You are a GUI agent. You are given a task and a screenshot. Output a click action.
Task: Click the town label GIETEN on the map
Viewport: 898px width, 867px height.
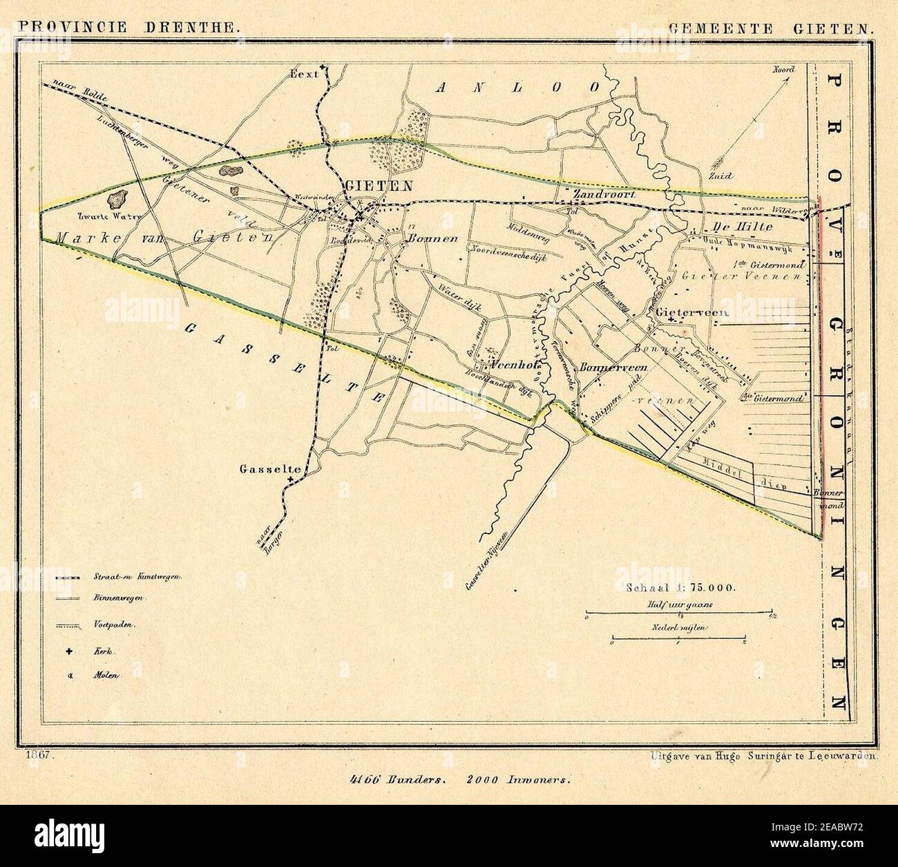tap(379, 186)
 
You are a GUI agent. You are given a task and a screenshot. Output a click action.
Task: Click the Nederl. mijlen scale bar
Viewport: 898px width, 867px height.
tap(678, 640)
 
